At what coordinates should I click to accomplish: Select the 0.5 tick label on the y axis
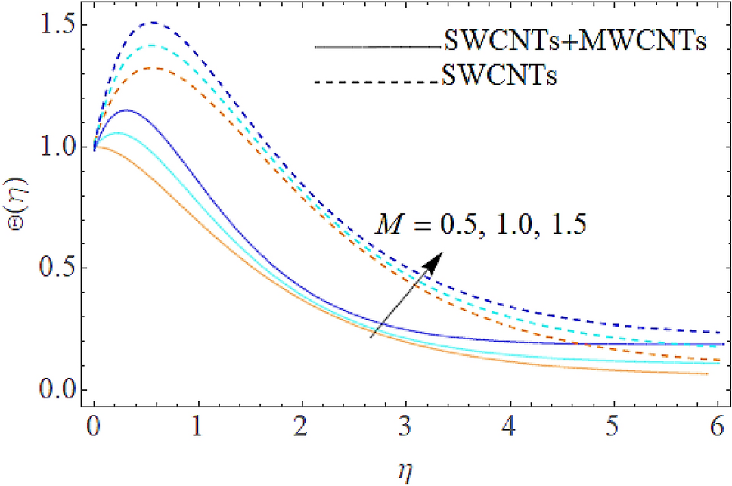48,268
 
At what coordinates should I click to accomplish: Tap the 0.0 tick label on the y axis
48,390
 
